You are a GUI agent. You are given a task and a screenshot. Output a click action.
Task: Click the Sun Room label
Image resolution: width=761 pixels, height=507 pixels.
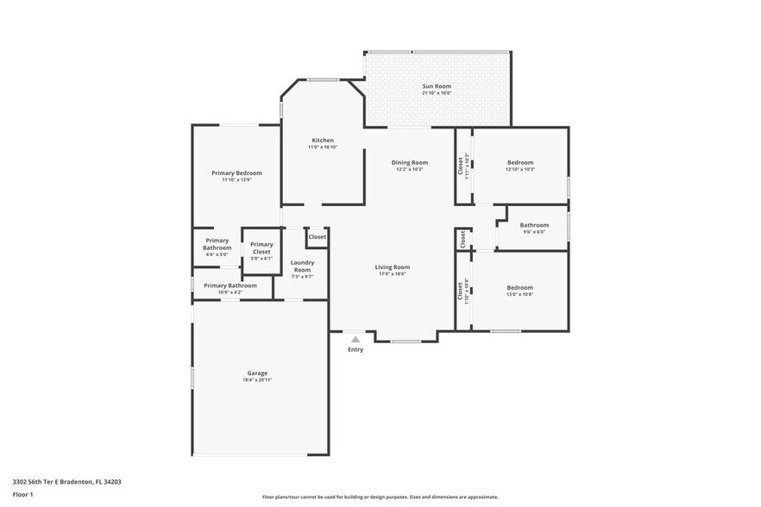[437, 86]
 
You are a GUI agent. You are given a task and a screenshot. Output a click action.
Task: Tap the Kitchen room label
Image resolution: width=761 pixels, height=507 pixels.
[322, 141]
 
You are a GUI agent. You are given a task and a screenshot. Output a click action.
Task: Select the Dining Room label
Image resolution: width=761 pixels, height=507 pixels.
[409, 162]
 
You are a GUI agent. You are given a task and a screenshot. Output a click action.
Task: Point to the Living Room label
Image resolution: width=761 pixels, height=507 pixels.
[392, 267]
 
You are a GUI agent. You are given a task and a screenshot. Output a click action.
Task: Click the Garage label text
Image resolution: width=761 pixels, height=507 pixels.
[257, 373]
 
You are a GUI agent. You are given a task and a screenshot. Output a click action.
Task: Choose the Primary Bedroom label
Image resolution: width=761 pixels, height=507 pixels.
[236, 172]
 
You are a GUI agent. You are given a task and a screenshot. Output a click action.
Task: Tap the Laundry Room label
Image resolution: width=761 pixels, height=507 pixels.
[302, 266]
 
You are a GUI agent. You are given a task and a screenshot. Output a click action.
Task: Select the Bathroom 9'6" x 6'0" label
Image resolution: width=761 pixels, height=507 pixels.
[534, 226]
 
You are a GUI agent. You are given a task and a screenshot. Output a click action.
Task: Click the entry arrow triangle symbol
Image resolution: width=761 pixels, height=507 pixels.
[355, 340]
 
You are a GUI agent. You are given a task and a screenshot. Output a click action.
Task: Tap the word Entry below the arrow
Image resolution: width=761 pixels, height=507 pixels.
[355, 349]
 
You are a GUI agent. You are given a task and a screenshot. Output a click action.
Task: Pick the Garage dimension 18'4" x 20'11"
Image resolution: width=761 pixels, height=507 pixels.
[257, 380]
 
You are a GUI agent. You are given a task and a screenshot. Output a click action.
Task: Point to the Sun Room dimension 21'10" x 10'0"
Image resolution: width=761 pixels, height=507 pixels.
[437, 93]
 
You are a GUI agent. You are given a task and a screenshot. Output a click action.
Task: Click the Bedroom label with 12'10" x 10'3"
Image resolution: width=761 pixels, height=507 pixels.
[520, 162]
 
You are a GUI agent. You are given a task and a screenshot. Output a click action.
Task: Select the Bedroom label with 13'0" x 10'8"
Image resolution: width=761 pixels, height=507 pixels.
[519, 288]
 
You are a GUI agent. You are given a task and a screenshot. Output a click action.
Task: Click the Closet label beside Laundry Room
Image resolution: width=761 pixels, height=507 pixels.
[318, 236]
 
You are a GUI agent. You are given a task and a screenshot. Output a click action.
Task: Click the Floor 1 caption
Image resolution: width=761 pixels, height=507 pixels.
[23, 494]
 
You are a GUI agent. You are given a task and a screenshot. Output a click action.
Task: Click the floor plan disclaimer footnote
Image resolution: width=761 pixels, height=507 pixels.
[380, 497]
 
